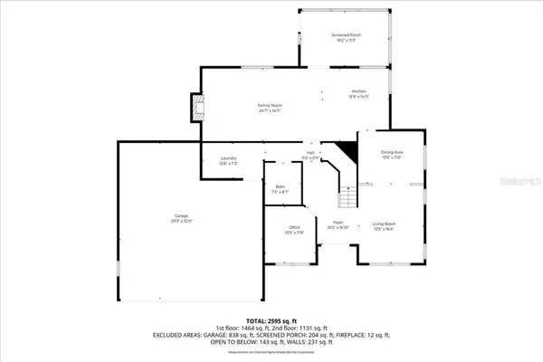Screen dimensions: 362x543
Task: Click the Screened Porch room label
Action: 345,34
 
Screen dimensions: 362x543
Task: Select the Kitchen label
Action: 360,91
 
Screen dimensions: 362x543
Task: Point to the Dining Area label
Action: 391,152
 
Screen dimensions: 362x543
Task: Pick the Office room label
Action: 294,226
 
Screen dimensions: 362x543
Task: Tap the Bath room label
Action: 281,187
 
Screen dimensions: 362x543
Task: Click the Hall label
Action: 310,153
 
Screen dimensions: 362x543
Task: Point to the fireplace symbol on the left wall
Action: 196,109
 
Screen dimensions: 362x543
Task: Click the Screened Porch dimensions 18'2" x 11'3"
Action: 345,41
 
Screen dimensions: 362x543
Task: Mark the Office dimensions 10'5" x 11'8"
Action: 294,233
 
